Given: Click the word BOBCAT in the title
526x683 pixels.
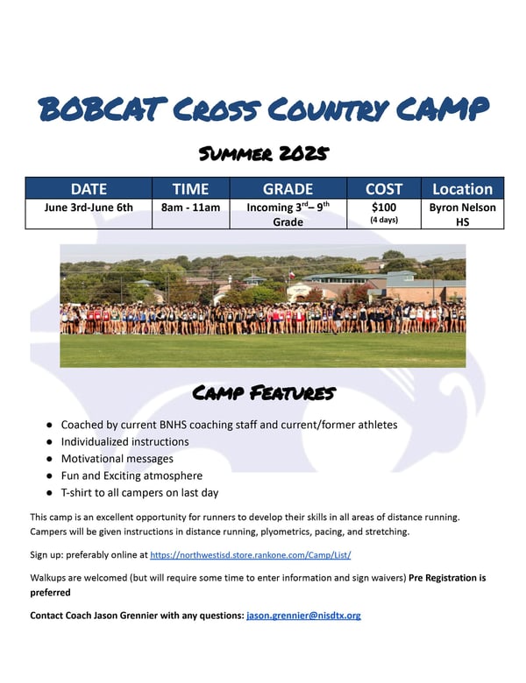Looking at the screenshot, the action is click(x=103, y=109).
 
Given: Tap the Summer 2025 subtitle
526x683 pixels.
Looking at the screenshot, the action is click(x=263, y=153).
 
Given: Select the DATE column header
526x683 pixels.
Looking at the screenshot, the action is click(x=89, y=189).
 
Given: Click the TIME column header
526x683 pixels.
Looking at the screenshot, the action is click(x=190, y=189).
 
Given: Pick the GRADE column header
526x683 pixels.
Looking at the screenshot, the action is click(x=288, y=189).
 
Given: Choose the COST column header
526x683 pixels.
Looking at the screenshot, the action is click(x=384, y=189).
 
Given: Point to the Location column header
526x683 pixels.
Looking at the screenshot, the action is click(x=462, y=189).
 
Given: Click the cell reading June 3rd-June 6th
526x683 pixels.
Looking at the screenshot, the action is click(x=89, y=208).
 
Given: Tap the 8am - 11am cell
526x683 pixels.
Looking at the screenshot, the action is click(x=190, y=208).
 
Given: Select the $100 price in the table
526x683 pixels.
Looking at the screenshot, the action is click(x=384, y=208).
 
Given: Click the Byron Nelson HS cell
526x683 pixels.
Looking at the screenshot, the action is click(x=462, y=215).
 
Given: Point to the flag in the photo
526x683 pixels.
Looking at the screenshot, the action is click(x=291, y=275).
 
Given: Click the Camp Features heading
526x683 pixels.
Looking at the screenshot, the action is click(x=264, y=393).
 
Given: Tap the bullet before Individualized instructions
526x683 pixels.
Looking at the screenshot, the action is click(x=49, y=442).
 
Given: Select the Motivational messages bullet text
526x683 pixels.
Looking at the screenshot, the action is click(x=117, y=459).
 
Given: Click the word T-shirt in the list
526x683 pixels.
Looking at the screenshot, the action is click(x=76, y=493).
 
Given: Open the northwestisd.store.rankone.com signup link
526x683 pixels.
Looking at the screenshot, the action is click(x=251, y=555).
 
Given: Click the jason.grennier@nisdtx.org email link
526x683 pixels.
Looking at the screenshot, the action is click(x=303, y=616).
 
